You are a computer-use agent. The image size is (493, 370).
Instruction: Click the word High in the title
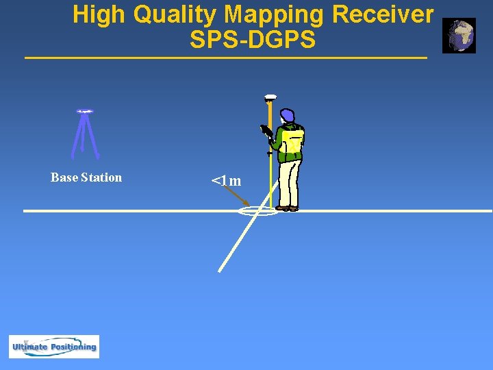(100, 15)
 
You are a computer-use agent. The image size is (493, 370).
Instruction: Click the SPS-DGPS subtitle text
(253, 40)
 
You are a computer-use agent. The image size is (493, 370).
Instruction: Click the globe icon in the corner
(459, 36)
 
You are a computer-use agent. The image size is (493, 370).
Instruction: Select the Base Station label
(86, 177)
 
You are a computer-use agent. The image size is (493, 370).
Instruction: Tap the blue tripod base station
(85, 137)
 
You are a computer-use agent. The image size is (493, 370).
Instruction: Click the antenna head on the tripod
(85, 111)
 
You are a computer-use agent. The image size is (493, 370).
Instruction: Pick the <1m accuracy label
(226, 181)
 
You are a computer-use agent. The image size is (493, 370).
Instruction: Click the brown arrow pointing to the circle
(238, 197)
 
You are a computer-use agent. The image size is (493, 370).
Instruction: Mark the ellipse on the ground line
(258, 211)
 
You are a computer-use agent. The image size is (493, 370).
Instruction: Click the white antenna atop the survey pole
(270, 97)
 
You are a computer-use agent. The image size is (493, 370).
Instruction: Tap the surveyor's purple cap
(288, 115)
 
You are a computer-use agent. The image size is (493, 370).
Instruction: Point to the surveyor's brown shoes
(288, 208)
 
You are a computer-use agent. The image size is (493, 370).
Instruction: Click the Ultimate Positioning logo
(54, 346)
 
